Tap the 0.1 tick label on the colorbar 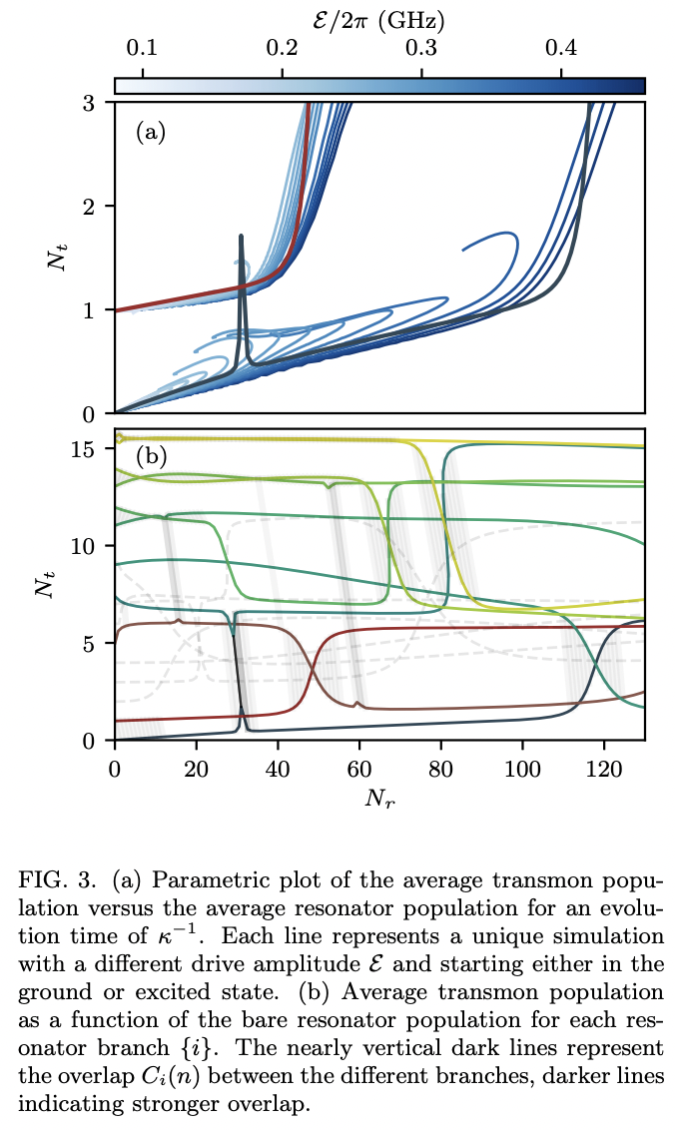tap(143, 47)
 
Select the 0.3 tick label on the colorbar tap(421, 47)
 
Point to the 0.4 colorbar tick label tap(561, 47)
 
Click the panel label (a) tap(150, 131)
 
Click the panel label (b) tap(150, 458)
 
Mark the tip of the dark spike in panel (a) tap(241, 237)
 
